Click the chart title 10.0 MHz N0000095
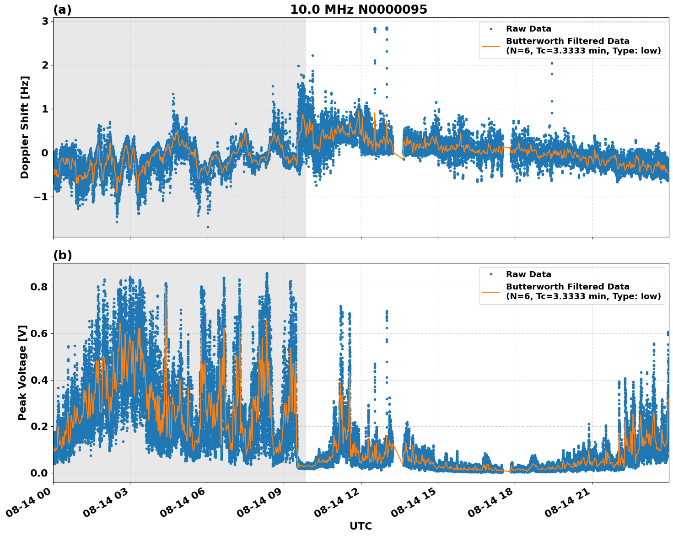[358, 10]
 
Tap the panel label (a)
[62, 10]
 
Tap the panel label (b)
[62, 255]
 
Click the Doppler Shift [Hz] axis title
[25, 127]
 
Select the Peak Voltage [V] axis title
[22, 372]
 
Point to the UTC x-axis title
[361, 526]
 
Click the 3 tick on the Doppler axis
[45, 21]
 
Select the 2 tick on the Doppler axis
[45, 65]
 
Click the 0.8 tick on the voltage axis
[40, 287]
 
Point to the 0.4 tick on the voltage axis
[40, 380]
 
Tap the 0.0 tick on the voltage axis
[40, 473]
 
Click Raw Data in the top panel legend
[528, 29]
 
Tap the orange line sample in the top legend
[491, 46]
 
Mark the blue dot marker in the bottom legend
[491, 274]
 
